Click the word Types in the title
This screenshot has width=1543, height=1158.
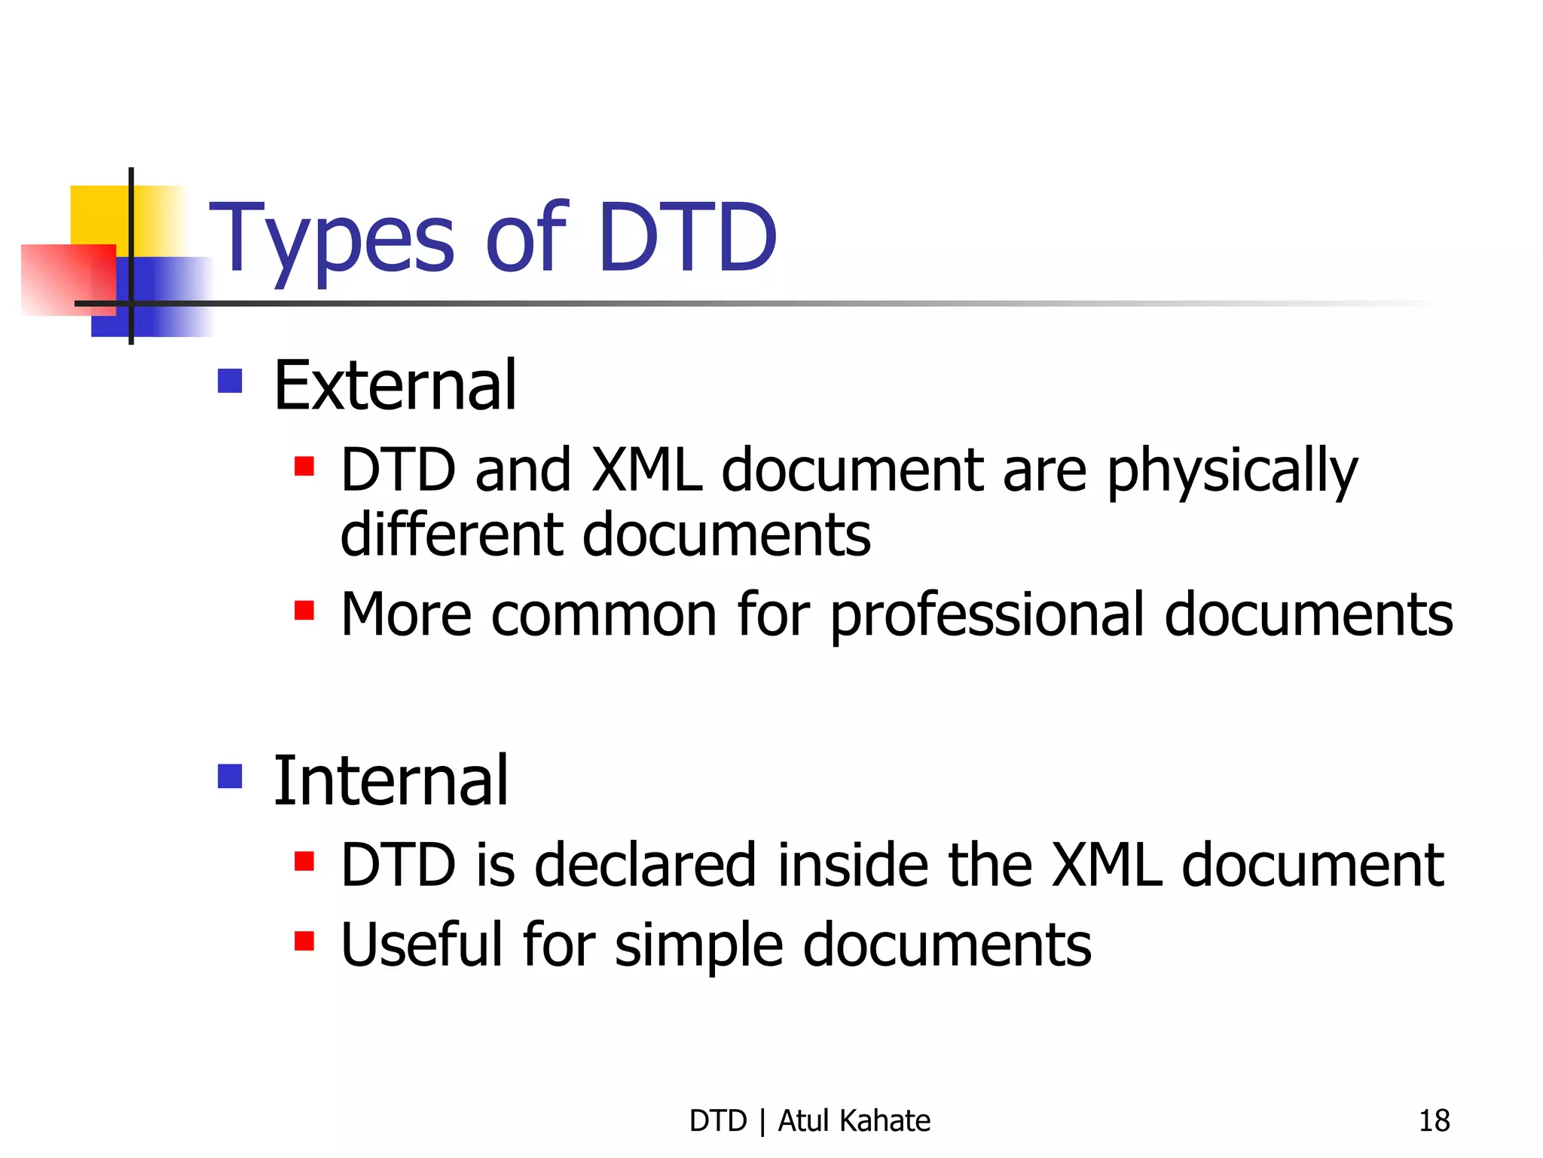pyautogui.click(x=332, y=240)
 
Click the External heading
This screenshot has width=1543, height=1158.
pyautogui.click(x=395, y=386)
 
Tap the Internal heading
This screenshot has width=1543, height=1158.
pyautogui.click(x=390, y=781)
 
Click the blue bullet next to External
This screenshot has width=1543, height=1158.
pyautogui.click(x=230, y=381)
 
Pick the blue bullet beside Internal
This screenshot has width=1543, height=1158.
pyautogui.click(x=230, y=776)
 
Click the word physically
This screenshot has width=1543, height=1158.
pyautogui.click(x=1232, y=472)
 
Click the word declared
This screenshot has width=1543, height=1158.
pyautogui.click(x=644, y=865)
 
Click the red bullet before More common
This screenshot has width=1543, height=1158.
pyautogui.click(x=304, y=610)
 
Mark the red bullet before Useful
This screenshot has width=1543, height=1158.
pyautogui.click(x=304, y=941)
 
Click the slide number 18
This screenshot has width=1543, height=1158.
pyautogui.click(x=1434, y=1121)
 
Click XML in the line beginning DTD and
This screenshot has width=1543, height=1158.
pyautogui.click(x=646, y=470)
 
